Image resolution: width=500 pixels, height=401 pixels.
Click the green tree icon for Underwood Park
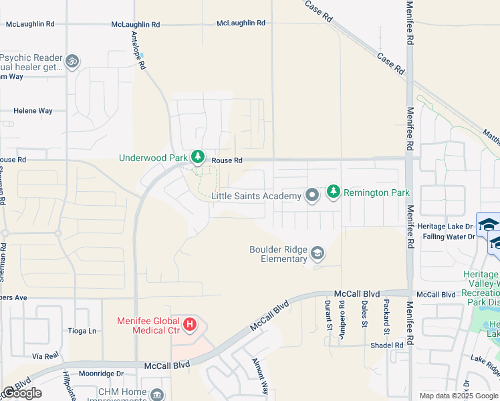(x=197, y=158)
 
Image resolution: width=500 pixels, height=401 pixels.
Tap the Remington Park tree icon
(x=334, y=192)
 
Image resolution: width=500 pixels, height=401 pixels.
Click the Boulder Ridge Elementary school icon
(x=318, y=254)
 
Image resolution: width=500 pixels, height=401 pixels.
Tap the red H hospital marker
(x=190, y=325)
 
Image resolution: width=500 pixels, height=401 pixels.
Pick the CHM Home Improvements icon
(x=156, y=395)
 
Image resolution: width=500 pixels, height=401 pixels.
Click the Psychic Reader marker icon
(x=72, y=61)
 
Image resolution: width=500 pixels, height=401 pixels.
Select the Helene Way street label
(x=33, y=111)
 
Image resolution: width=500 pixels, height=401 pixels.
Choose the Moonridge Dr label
(x=102, y=374)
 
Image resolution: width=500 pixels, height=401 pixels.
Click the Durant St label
(x=329, y=315)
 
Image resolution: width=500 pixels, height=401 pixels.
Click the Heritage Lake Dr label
(x=445, y=227)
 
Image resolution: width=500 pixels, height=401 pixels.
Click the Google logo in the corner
(x=22, y=393)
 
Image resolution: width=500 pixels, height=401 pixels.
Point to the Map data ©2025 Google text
(x=459, y=396)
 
